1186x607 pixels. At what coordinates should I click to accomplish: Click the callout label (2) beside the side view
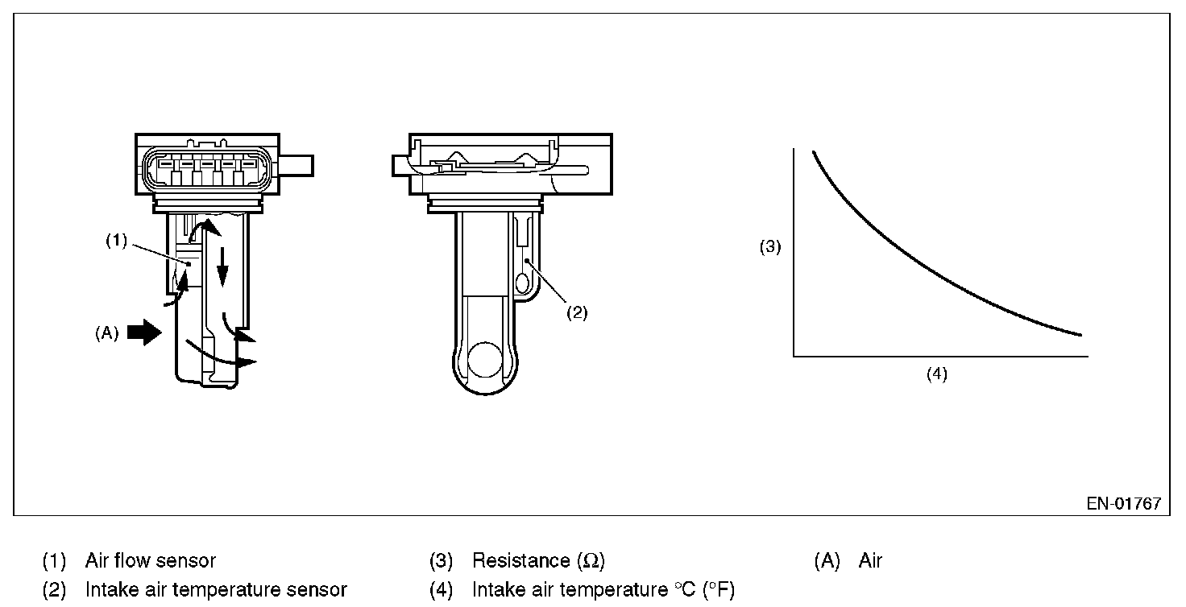coord(576,313)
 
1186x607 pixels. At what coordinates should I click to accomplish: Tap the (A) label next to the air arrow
coord(106,333)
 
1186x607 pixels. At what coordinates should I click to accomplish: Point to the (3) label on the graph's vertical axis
coord(770,248)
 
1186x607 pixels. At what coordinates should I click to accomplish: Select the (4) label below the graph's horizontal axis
coord(936,374)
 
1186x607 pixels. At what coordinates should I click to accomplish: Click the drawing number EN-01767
coord(1123,504)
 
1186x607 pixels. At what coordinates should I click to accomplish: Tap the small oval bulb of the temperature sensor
coord(522,283)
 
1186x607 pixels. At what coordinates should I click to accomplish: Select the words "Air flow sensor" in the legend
coord(150,560)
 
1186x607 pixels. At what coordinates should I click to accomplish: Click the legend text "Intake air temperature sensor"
coord(216,590)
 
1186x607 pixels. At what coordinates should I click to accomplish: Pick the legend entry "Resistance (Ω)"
coord(538,560)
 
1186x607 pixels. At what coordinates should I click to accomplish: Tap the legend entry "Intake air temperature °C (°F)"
coord(603,590)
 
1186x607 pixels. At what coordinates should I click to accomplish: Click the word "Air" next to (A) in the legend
coord(870,560)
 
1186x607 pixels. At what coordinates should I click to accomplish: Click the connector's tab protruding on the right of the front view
coord(299,166)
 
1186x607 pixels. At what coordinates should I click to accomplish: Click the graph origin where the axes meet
coord(794,355)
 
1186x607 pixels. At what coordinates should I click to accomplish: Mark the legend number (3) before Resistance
coord(442,560)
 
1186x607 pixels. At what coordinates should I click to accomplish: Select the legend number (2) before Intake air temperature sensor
coord(54,590)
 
